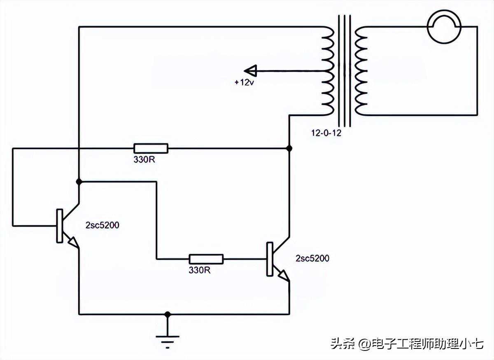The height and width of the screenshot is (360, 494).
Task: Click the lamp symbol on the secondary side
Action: pyautogui.click(x=444, y=27)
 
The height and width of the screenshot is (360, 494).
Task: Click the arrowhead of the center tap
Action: pyautogui.click(x=250, y=71)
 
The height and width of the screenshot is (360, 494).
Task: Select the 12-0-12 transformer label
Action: pyautogui.click(x=326, y=133)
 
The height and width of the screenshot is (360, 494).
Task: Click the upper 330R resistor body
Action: pyautogui.click(x=151, y=148)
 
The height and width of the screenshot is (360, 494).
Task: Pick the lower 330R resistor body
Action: pyautogui.click(x=206, y=259)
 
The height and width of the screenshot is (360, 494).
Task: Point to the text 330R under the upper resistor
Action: pyautogui.click(x=144, y=159)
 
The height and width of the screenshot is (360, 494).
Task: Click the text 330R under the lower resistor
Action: pyautogui.click(x=200, y=270)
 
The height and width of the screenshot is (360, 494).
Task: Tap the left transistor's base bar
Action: pyautogui.click(x=59, y=225)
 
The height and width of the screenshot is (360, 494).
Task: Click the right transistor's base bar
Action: pyautogui.click(x=270, y=259)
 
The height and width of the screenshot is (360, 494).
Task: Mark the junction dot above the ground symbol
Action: pyautogui.click(x=167, y=314)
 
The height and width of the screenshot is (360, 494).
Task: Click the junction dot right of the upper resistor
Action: pyautogui.click(x=289, y=148)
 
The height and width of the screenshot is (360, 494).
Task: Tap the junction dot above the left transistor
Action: pyautogui.click(x=79, y=181)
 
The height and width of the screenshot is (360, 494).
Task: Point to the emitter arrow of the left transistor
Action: pyautogui.click(x=73, y=243)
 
